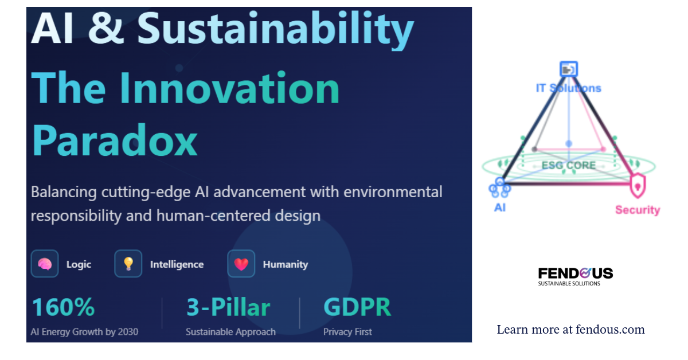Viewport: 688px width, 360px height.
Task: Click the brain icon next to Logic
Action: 45,264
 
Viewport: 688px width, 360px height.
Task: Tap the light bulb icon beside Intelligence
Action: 128,264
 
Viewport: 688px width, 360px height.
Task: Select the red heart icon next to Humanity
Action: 241,264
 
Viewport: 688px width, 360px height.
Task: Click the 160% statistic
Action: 63,307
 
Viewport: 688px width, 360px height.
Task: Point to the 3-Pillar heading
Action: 228,307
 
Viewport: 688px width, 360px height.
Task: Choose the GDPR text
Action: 357,307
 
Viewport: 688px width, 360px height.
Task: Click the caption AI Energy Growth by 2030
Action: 84,332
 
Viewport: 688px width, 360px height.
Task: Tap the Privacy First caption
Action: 347,332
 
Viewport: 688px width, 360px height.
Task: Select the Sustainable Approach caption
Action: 230,332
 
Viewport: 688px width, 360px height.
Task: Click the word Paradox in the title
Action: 115,140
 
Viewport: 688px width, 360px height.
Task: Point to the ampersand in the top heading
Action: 106,28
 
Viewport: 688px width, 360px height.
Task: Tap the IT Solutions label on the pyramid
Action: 569,88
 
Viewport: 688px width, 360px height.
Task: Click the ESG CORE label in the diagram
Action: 569,165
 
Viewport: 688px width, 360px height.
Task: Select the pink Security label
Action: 638,210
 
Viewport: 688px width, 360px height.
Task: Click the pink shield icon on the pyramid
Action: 638,186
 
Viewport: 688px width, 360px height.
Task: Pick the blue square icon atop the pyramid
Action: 569,69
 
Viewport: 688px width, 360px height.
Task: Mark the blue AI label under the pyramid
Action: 500,208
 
